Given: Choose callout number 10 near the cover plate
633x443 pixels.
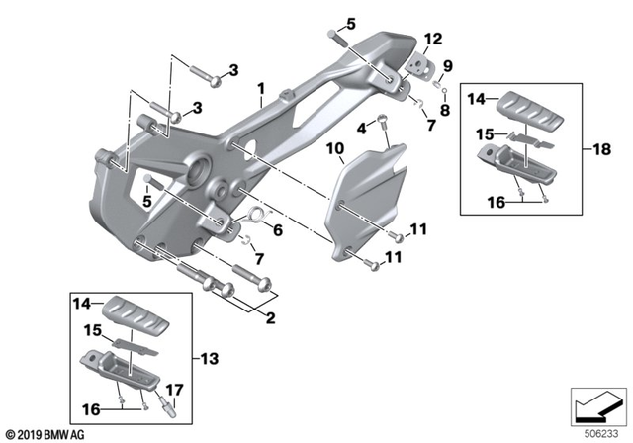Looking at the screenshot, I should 334,149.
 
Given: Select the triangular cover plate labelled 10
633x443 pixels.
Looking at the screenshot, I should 371,198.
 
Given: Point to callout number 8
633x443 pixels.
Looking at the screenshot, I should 445,110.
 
